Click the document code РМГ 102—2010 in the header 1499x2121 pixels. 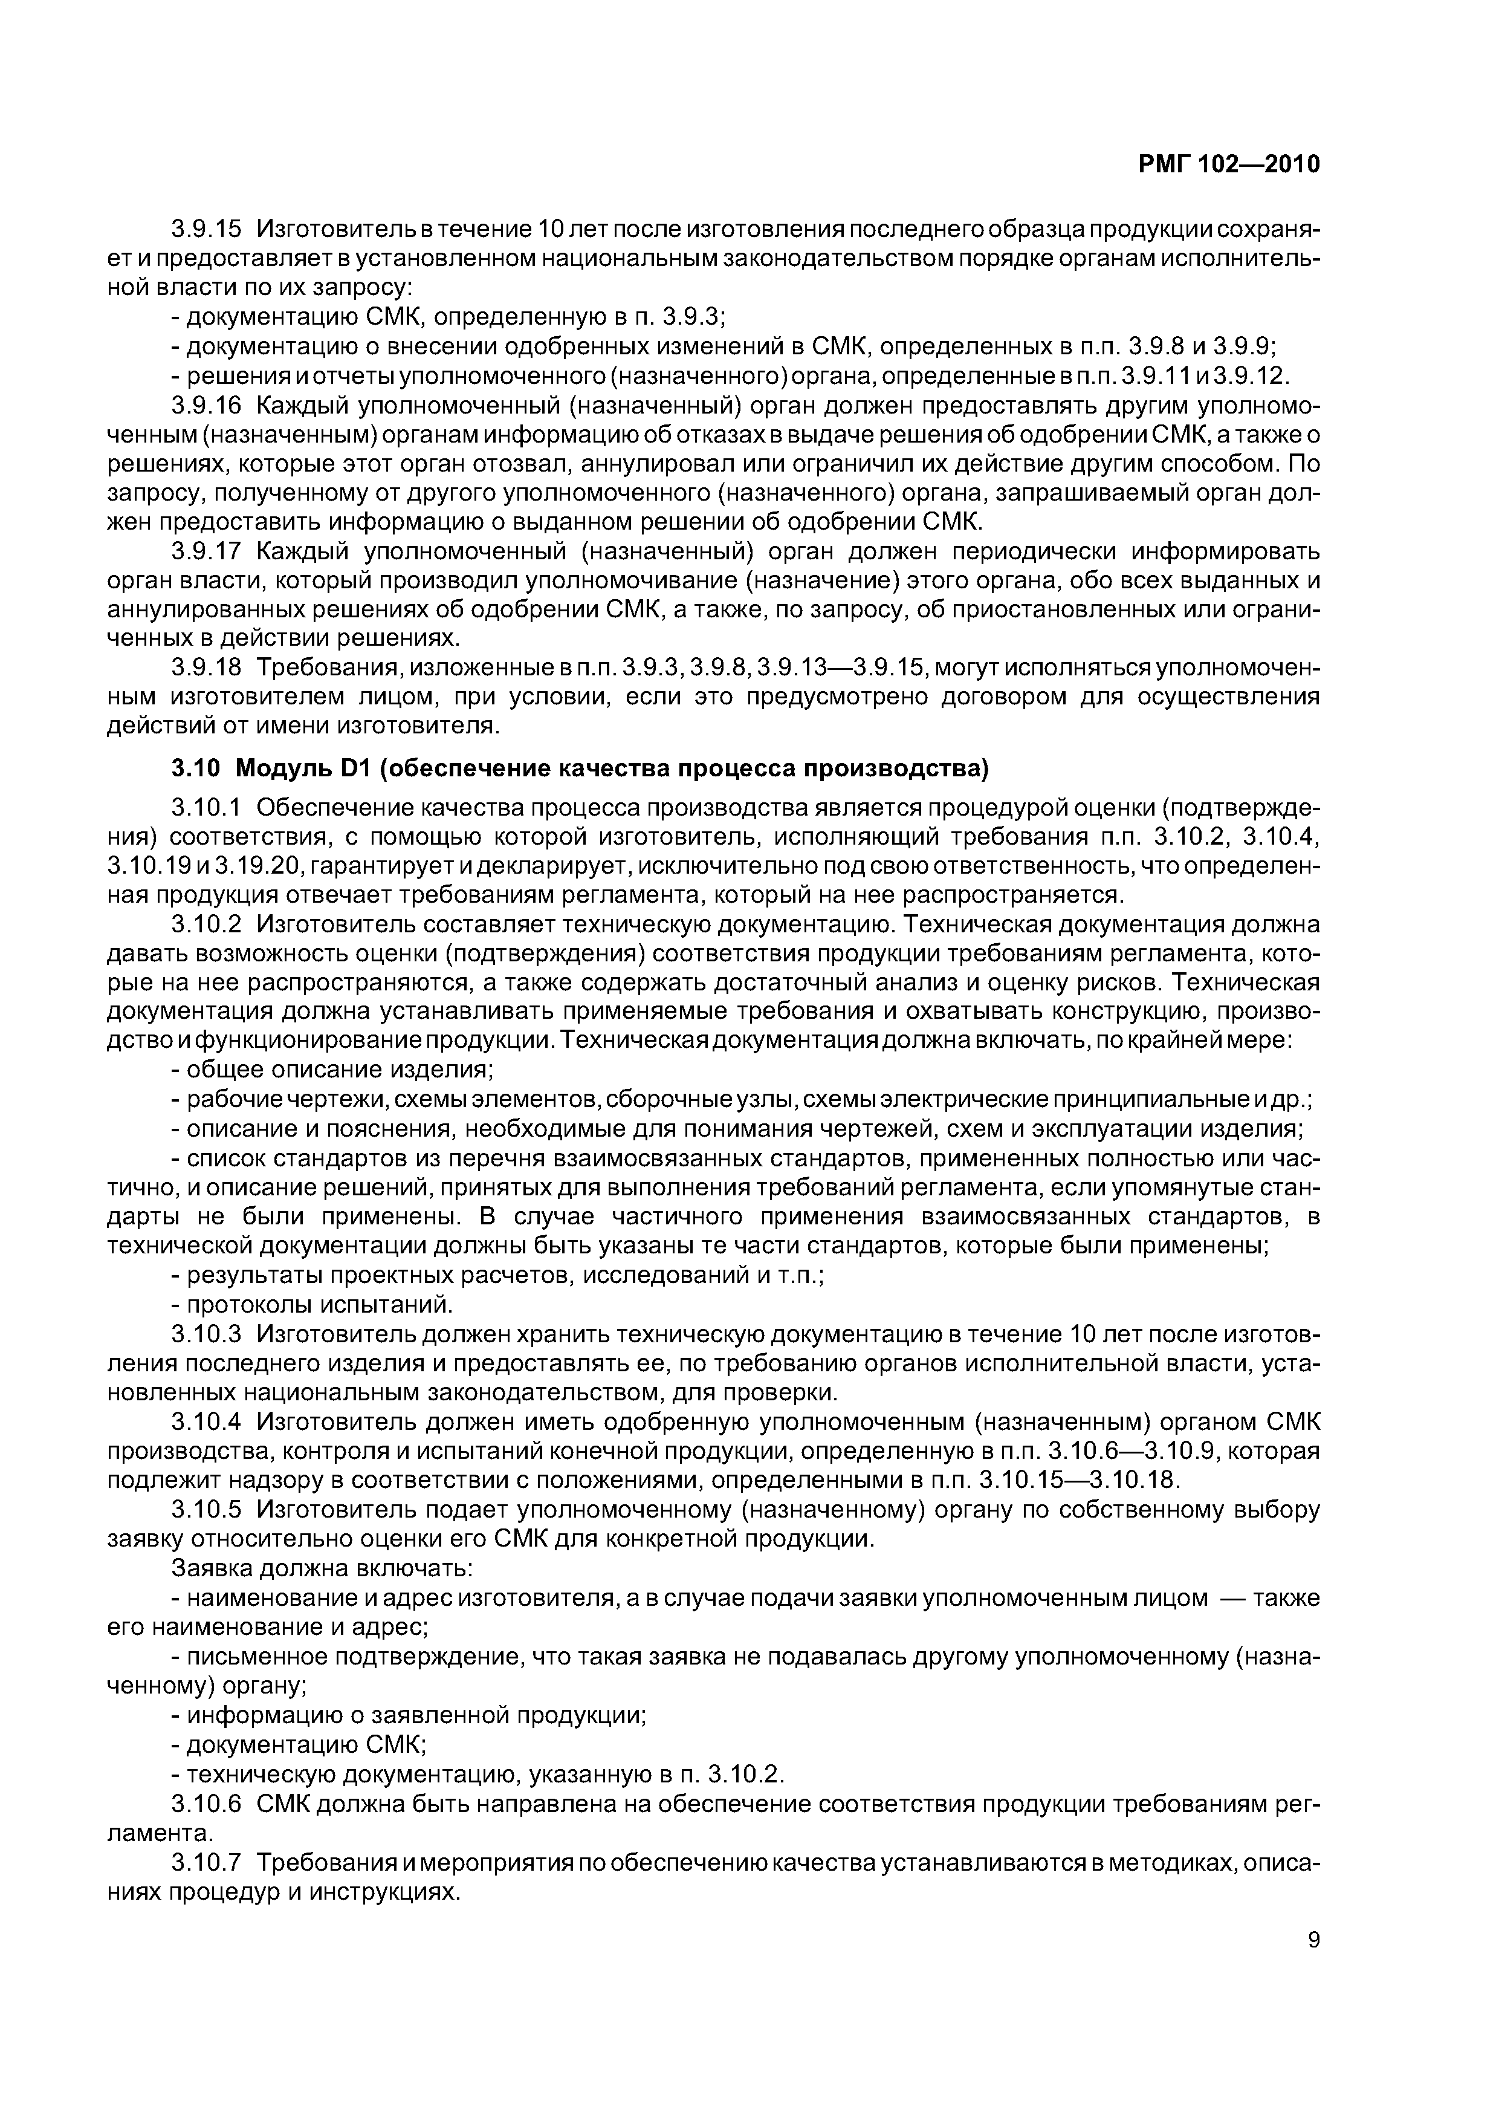coord(1228,164)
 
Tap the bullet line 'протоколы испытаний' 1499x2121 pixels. coord(314,1304)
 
